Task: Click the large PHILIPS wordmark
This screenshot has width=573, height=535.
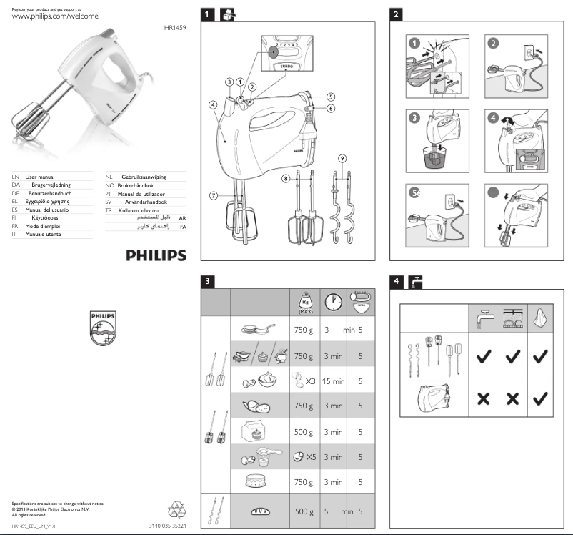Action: click(x=156, y=255)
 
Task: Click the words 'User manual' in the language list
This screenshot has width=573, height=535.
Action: click(x=40, y=176)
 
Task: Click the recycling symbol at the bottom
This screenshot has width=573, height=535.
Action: click(x=176, y=509)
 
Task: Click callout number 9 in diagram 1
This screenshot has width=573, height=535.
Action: click(x=342, y=157)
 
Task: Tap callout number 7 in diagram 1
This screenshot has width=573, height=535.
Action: click(x=213, y=195)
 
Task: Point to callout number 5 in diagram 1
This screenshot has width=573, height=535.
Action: click(x=331, y=97)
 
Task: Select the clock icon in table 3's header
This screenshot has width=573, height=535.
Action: click(x=332, y=302)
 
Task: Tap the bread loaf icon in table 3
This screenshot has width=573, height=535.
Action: click(x=260, y=511)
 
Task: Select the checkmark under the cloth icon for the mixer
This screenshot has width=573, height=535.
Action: click(x=542, y=397)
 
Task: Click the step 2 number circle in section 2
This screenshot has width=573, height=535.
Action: click(x=492, y=43)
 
